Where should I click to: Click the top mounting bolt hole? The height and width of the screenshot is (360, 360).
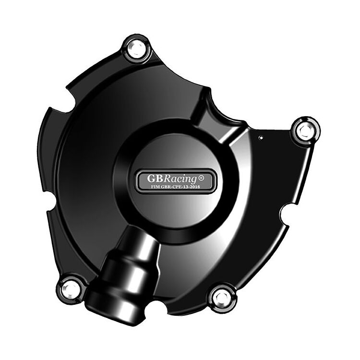tap(136, 48)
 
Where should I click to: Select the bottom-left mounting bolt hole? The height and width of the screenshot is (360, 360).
tap(71, 288)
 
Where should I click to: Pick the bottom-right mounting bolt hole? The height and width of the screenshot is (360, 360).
tap(222, 297)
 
